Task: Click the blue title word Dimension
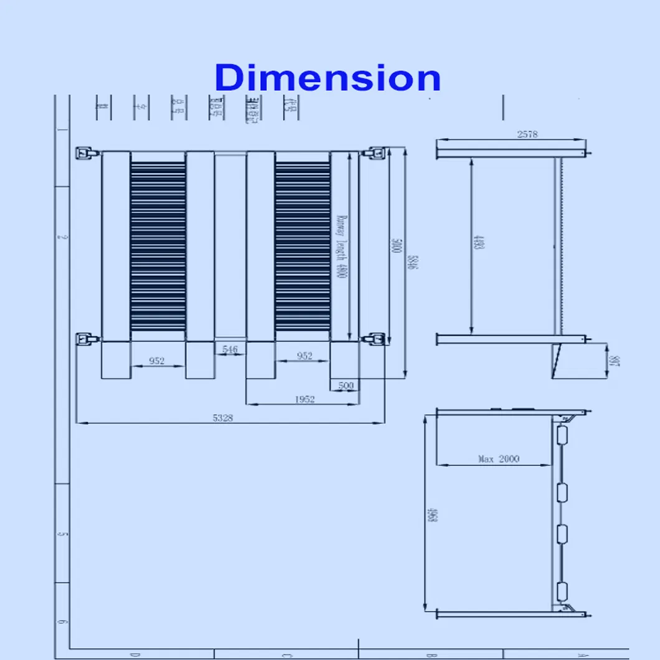[x=328, y=78]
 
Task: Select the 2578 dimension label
[x=527, y=134]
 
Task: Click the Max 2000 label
[x=498, y=459]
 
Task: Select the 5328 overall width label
[x=222, y=418]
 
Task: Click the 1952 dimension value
[x=304, y=399]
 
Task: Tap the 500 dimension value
[x=346, y=385]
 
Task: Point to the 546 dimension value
[x=230, y=350]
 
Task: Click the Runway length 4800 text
[x=341, y=246]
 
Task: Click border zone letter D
[x=133, y=654]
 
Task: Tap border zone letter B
[x=430, y=654]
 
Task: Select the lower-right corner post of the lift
[x=375, y=339]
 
